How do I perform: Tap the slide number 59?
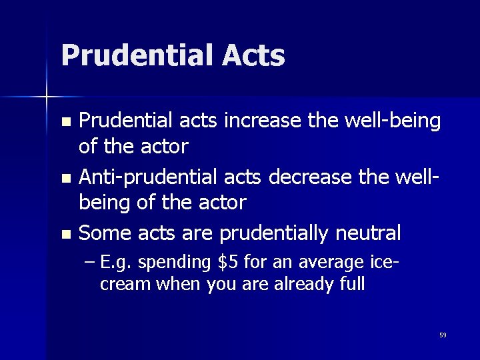coord(443,335)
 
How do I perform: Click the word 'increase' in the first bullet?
coord(255,121)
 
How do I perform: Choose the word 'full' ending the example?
coord(352,284)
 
